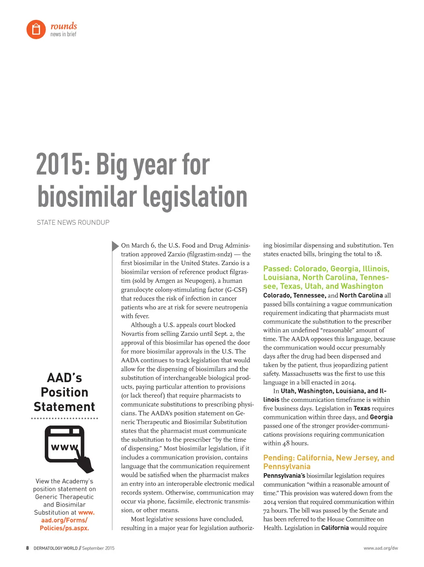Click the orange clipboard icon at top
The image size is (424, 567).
pos(36,29)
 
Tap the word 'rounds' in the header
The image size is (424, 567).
pos(63,26)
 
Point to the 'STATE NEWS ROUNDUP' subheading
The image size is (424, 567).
pos(73,222)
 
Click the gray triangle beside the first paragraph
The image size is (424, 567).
pos(115,246)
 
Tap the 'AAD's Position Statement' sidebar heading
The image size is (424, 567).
pos(65,392)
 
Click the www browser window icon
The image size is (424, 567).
pos(66,447)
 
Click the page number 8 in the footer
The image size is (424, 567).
pos(28,548)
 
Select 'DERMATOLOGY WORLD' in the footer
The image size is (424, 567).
pos(55,548)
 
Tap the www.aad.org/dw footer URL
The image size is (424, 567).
pos(381,548)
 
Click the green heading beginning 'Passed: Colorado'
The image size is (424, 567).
pos(326,278)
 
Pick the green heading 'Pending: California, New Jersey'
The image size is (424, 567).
pos(328,462)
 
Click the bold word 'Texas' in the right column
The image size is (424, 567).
pos(361,408)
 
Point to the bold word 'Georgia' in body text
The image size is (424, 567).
pos(381,417)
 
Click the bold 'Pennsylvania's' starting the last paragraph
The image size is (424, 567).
pos(284,476)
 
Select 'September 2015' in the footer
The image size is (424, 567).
pos(98,548)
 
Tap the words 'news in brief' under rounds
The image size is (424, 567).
pos(63,34)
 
